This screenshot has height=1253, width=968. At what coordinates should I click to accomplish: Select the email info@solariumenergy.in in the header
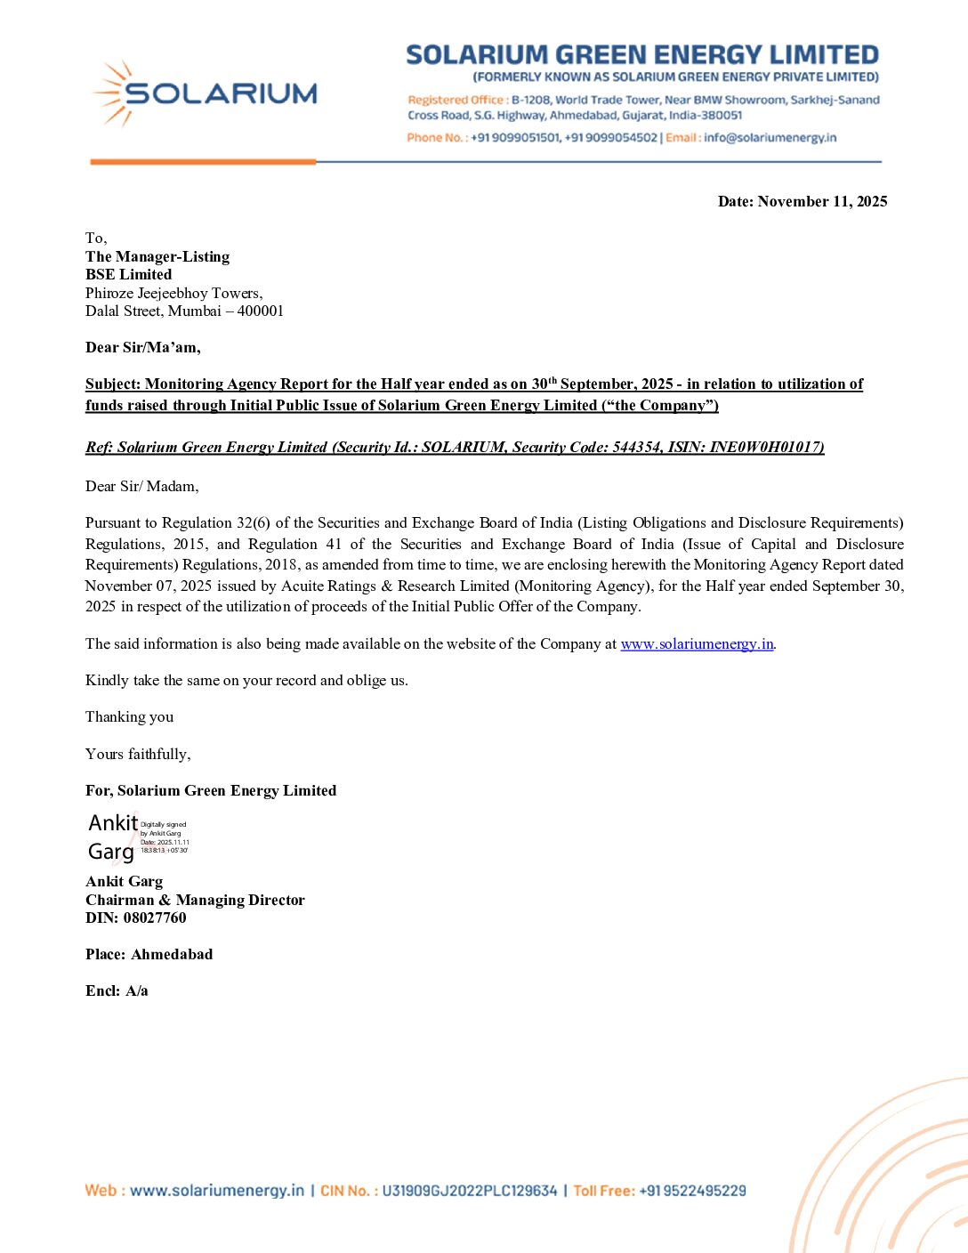(770, 138)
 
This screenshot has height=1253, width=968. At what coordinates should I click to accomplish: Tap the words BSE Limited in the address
(128, 275)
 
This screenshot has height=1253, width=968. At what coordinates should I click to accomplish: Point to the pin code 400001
(261, 311)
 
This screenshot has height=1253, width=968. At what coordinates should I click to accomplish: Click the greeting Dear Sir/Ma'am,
(142, 348)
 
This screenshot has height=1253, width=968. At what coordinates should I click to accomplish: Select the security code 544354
(637, 448)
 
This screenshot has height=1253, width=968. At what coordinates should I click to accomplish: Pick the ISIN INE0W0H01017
(765, 448)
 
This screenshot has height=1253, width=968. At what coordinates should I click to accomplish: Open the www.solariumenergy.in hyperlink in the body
(697, 644)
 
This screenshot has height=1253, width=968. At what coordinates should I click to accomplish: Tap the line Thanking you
(129, 717)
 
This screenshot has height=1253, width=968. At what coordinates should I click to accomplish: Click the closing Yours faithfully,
(138, 755)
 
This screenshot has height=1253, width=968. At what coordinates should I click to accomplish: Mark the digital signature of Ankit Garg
(138, 837)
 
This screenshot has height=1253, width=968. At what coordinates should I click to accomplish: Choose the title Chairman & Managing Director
(195, 901)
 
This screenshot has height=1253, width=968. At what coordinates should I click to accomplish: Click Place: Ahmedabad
(149, 955)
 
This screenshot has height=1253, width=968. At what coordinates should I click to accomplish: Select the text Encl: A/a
(117, 991)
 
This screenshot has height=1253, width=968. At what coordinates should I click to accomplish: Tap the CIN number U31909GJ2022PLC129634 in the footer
(469, 1191)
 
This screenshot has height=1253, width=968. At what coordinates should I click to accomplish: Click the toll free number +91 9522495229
(692, 1191)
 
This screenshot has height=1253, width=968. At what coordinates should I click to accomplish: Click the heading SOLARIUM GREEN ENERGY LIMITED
(641, 55)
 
